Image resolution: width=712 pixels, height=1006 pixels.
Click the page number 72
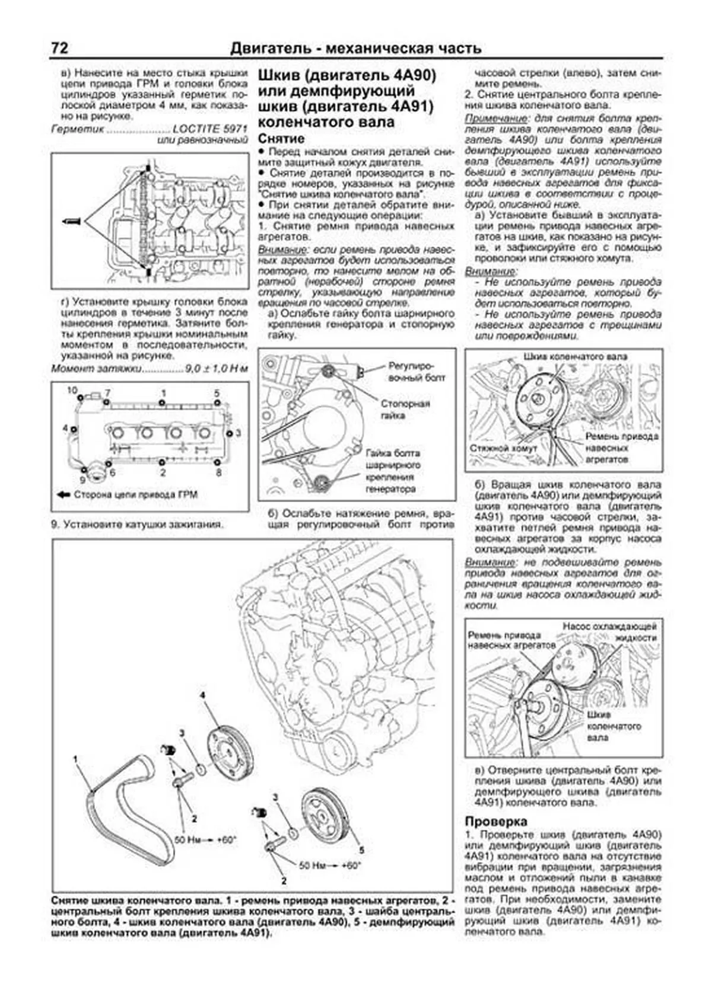coord(60,48)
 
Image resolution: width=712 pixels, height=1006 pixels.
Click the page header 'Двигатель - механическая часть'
coord(355,49)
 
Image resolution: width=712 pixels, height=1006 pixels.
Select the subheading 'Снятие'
coord(281,139)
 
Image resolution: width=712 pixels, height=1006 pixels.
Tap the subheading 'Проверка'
coord(496,822)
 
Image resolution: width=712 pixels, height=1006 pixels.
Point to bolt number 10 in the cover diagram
coord(72,390)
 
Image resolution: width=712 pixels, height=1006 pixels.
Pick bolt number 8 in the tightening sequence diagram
coord(218,472)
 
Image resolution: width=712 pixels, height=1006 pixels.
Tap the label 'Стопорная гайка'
coord(405,410)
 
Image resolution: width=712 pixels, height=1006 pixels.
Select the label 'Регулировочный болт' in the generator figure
coord(417,372)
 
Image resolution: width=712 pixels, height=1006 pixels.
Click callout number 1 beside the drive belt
coord(75,758)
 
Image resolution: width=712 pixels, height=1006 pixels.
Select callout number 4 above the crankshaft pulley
coord(202,695)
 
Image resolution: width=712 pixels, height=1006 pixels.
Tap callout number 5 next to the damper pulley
coord(361,850)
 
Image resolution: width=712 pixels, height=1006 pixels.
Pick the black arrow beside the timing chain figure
coord(71,221)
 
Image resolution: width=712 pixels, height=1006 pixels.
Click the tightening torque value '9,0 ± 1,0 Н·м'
coord(215,368)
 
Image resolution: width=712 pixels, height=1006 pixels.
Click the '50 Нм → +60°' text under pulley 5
coord(329,866)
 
